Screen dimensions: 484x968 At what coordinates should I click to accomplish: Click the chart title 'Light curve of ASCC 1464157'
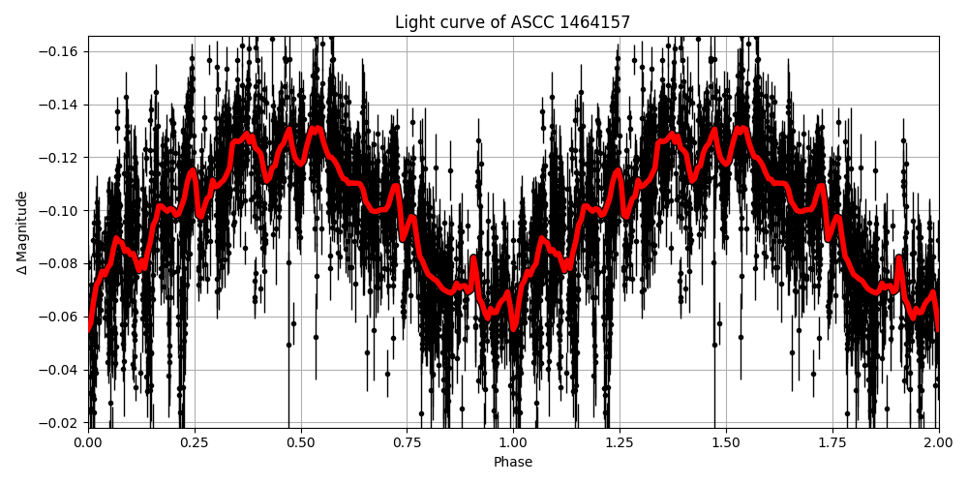coord(512,22)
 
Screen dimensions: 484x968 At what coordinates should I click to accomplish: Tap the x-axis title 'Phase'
coord(513,463)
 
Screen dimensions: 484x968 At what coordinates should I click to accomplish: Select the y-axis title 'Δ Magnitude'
coord(21,232)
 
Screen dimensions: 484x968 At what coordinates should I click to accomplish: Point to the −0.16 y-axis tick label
coord(60,51)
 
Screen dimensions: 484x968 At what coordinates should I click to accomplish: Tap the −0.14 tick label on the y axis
coord(60,105)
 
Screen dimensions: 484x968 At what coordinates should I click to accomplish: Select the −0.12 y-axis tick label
coord(60,158)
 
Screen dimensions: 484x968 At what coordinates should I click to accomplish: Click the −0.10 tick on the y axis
coord(60,211)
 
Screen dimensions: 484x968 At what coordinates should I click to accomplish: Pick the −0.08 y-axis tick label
coord(60,263)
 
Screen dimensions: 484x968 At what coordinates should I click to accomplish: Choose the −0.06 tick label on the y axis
coord(60,317)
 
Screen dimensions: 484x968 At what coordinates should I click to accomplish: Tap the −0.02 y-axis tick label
coord(60,423)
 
